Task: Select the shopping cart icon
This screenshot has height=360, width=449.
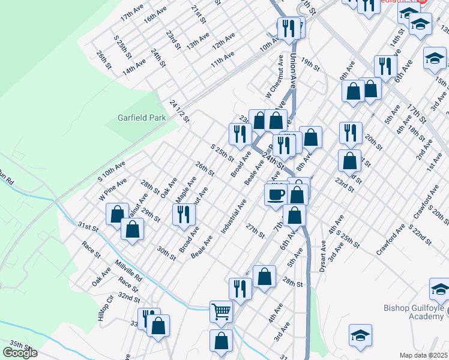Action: (x=221, y=311)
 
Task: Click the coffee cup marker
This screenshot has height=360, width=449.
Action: (x=276, y=194)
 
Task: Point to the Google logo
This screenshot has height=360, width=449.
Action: (x=20, y=353)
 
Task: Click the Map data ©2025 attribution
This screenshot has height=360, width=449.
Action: (x=424, y=355)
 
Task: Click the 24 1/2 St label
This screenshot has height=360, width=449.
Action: (x=179, y=111)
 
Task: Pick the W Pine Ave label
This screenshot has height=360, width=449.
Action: (x=113, y=188)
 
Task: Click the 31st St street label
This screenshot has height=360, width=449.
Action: (x=88, y=227)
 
